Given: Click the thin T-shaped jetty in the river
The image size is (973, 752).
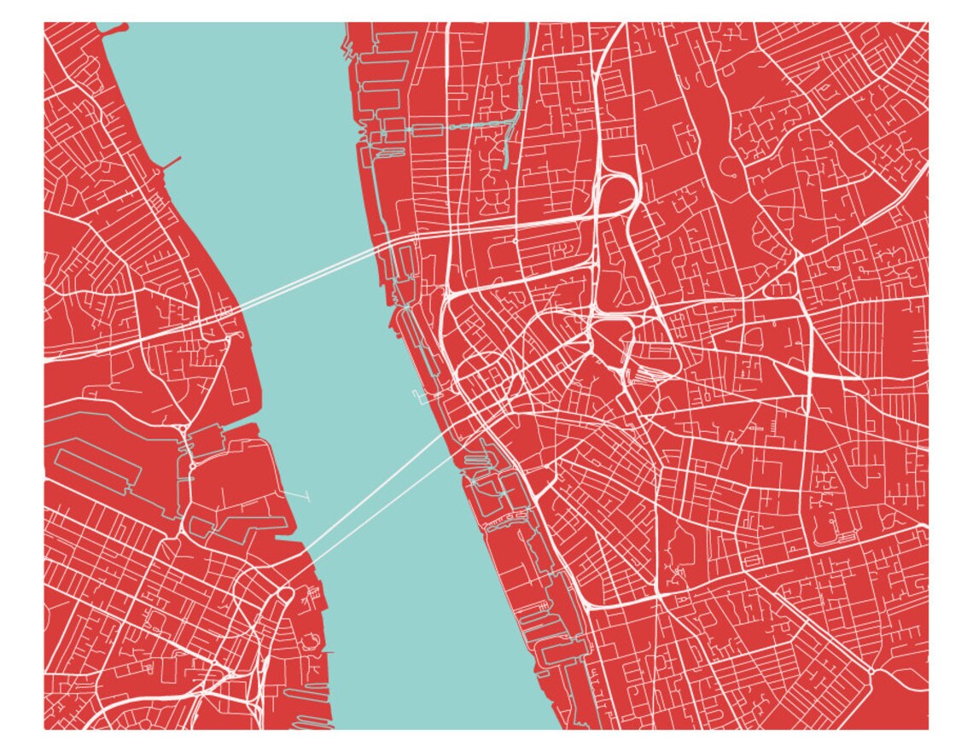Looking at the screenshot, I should (x=300, y=494).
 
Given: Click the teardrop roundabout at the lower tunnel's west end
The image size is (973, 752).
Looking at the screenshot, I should (x=283, y=592).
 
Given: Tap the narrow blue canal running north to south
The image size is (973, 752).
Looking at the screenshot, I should (x=510, y=102).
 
